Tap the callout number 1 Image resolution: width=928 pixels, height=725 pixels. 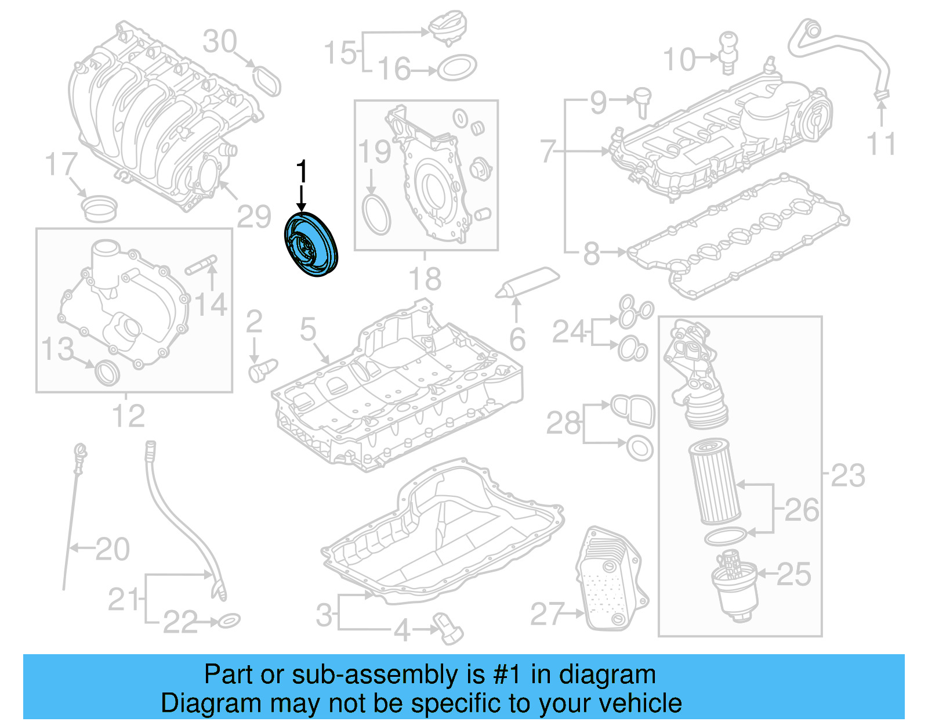tap(301, 172)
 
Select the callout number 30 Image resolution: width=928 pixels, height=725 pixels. tap(220, 42)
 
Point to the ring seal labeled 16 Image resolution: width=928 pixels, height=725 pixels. tap(456, 68)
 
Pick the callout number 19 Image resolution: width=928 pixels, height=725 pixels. tap(375, 152)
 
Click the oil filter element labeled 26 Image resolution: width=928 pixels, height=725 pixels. tap(714, 481)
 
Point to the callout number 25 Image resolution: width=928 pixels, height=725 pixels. tap(793, 574)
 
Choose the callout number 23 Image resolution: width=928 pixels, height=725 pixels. tap(848, 475)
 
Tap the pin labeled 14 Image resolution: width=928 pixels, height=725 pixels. tap(201, 264)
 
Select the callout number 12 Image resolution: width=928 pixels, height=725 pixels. tap(128, 416)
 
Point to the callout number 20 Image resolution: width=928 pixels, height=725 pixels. tap(113, 549)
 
